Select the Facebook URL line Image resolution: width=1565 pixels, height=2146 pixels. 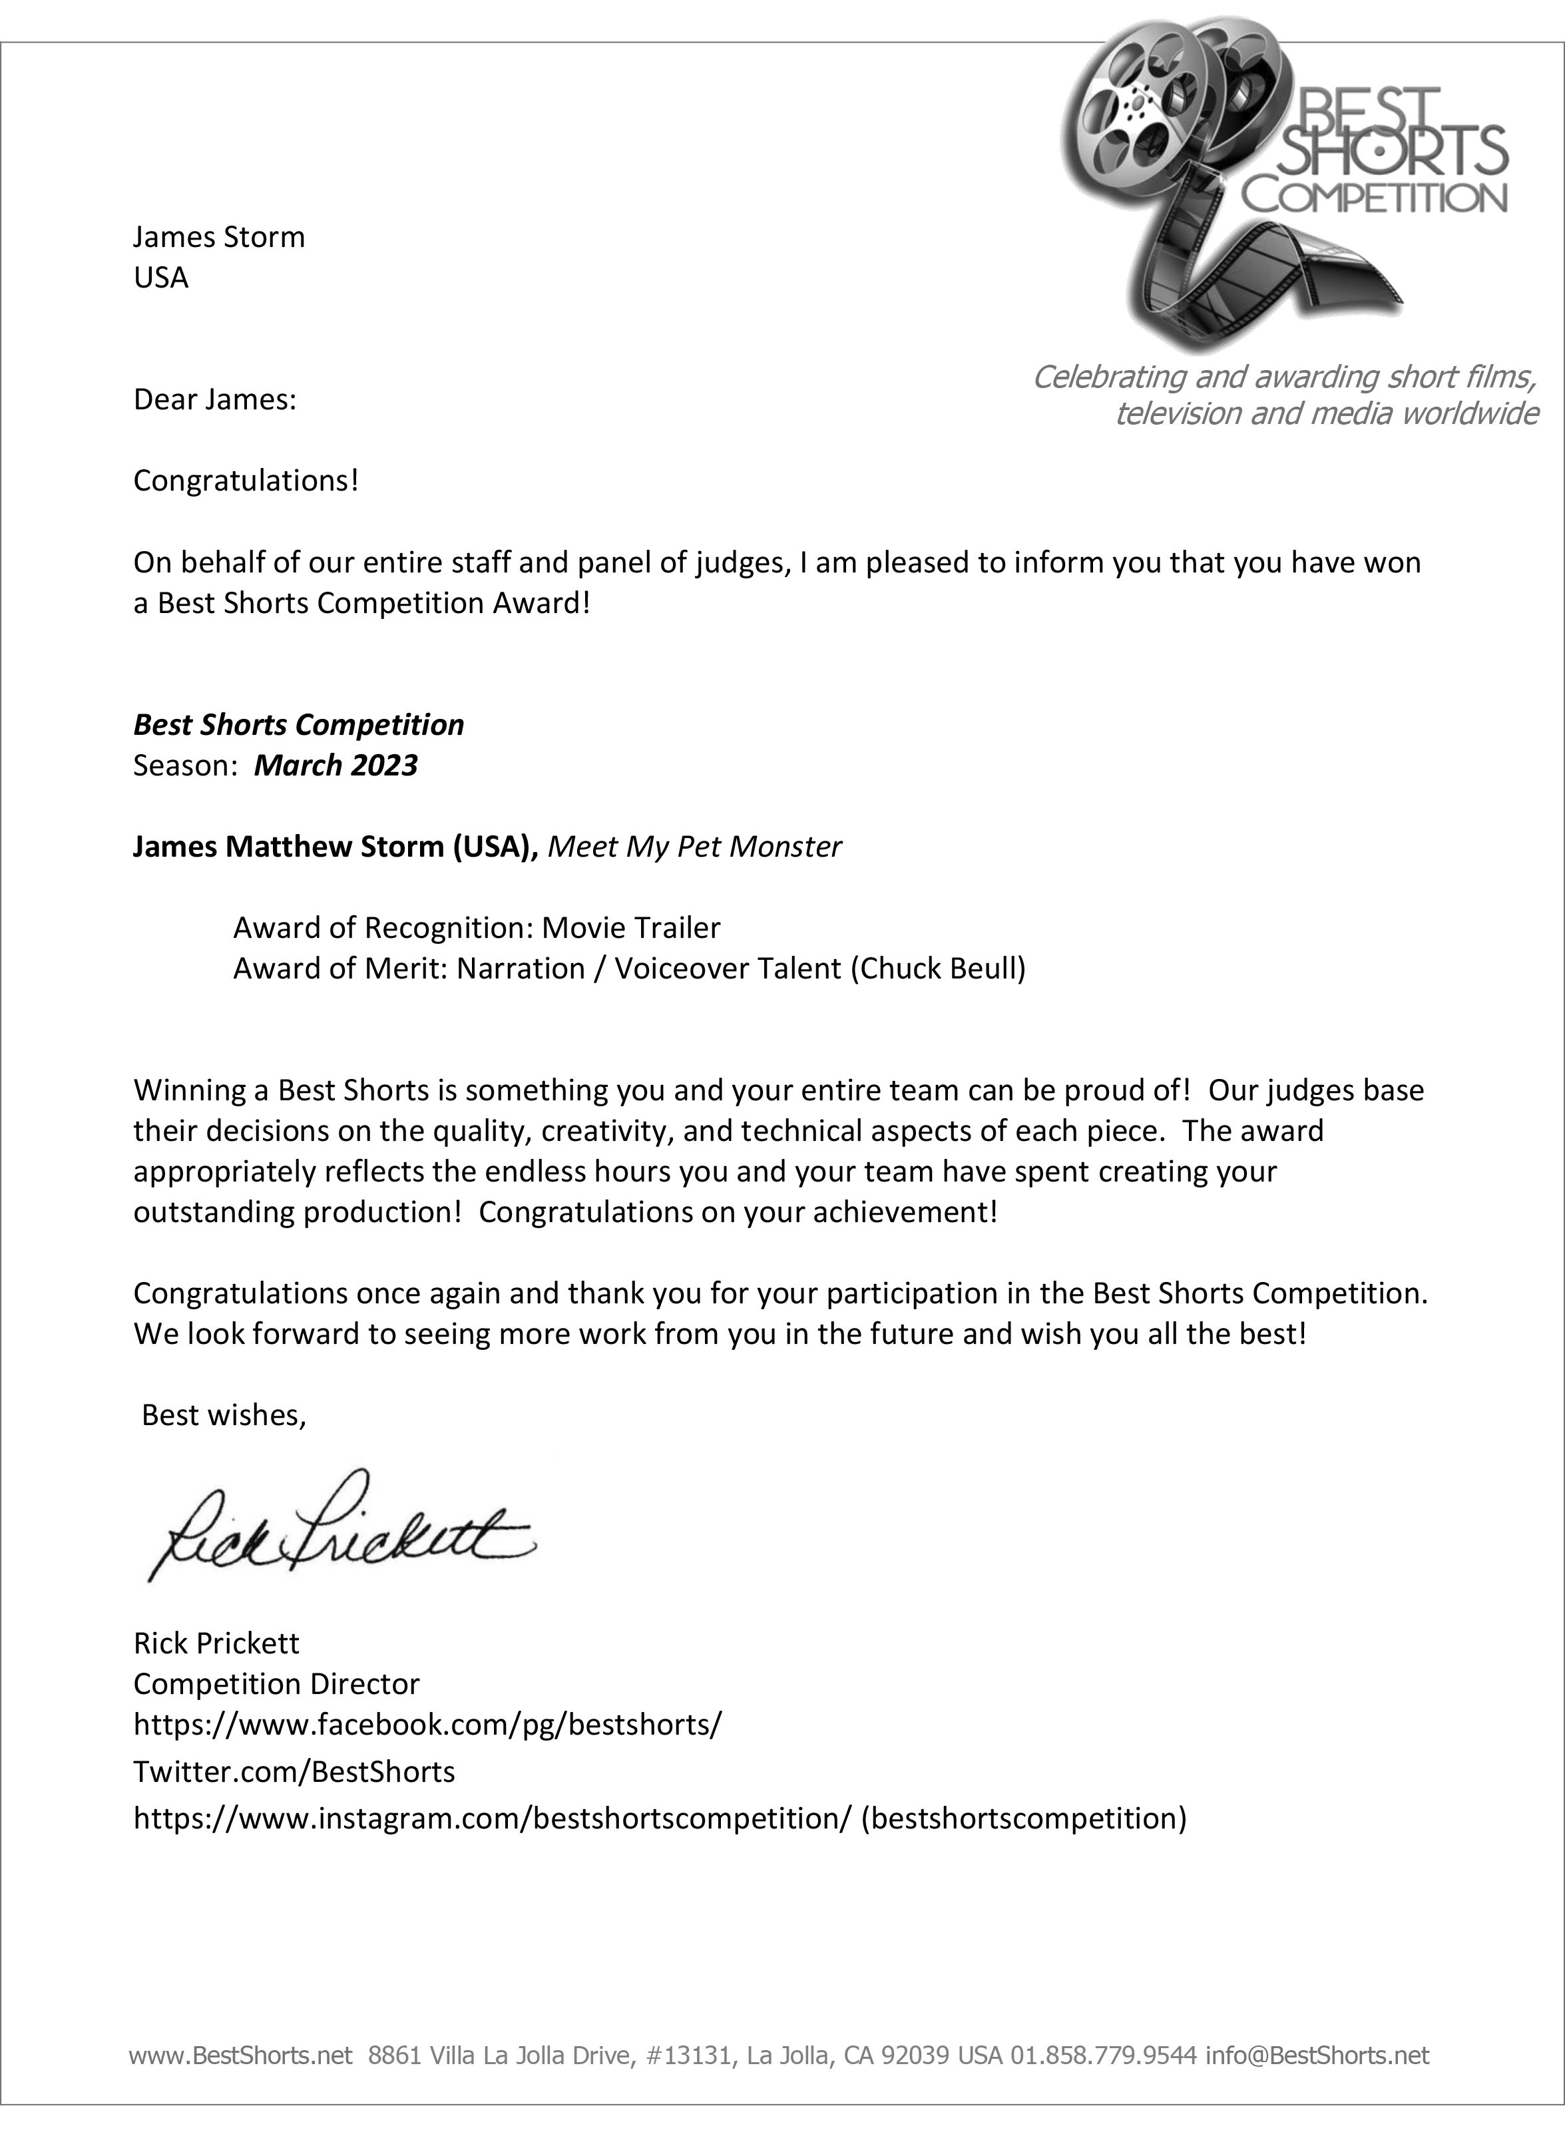427,1723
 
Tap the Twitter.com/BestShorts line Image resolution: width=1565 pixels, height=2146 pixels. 294,1771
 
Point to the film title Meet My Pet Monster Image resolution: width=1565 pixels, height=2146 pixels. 694,846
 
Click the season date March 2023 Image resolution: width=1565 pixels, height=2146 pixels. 335,765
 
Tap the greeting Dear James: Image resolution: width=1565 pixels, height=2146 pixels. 215,399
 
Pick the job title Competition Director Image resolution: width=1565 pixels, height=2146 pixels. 276,1683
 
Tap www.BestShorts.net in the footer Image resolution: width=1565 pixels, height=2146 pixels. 240,2081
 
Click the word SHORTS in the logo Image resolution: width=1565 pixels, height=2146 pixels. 1393,152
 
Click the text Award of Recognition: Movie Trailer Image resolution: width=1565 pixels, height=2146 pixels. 477,927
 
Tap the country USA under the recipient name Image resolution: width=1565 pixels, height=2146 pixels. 161,278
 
